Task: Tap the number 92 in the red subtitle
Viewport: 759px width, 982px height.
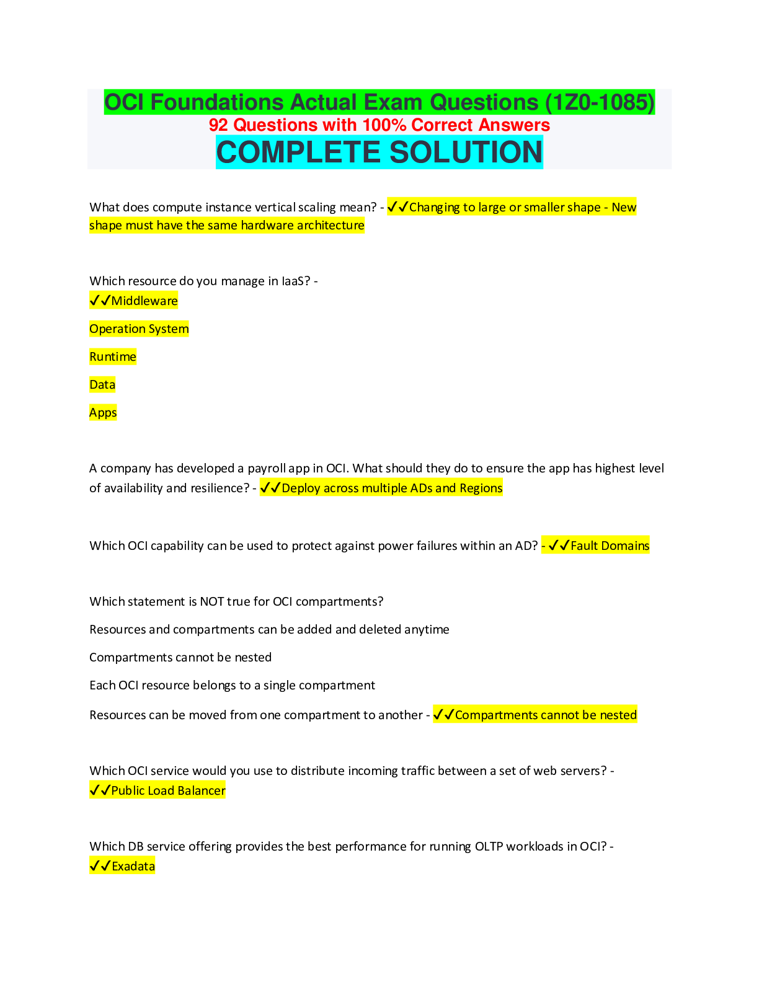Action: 218,125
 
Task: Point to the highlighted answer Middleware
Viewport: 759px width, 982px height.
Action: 144,301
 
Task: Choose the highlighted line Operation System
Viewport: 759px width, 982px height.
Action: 139,329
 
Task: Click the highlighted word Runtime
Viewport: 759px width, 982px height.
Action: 113,357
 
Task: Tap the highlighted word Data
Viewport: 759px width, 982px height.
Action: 102,385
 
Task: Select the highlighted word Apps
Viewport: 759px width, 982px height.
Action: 103,413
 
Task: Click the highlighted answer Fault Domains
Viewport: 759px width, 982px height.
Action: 610,546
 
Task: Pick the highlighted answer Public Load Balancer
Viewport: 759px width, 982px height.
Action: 168,791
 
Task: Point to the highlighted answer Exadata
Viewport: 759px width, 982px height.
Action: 133,867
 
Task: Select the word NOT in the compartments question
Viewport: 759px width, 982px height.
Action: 212,602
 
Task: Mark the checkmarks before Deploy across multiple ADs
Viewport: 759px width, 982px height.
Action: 270,489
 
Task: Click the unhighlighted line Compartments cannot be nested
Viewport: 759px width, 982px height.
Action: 180,658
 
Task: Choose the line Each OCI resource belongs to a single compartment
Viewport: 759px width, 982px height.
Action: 232,686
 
